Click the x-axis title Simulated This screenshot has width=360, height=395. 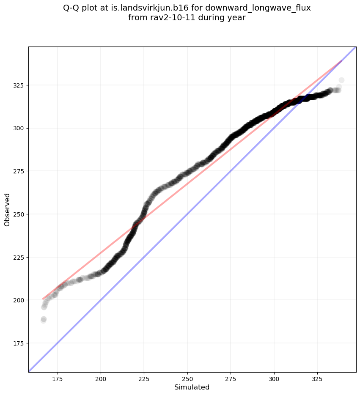pos(192,387)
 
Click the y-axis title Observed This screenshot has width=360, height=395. pos(7,209)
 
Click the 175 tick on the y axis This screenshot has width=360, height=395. pos(19,343)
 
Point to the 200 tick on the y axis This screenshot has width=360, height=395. pos(19,300)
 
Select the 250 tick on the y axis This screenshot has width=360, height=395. pos(19,214)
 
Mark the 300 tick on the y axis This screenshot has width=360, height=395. pos(19,128)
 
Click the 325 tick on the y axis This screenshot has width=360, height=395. pos(19,85)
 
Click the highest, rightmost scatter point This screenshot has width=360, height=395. pos(341,80)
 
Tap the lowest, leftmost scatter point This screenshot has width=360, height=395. pos(43,320)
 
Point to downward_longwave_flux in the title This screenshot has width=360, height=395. pos(258,8)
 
